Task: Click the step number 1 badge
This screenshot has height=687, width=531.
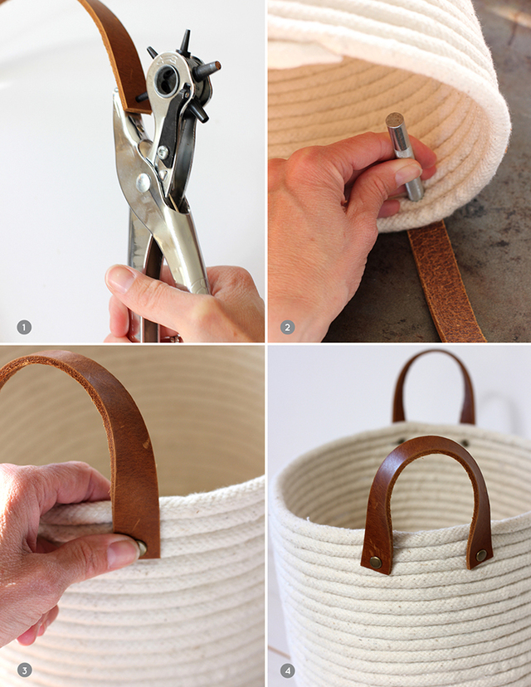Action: coord(24,327)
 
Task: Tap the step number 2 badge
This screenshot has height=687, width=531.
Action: coord(287,327)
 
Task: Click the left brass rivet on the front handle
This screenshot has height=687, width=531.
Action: coord(376,562)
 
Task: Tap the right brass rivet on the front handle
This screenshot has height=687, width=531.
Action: coord(480,554)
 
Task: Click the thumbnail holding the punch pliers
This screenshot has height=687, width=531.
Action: coord(121,279)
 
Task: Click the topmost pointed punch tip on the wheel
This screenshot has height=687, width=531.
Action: coord(184,38)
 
